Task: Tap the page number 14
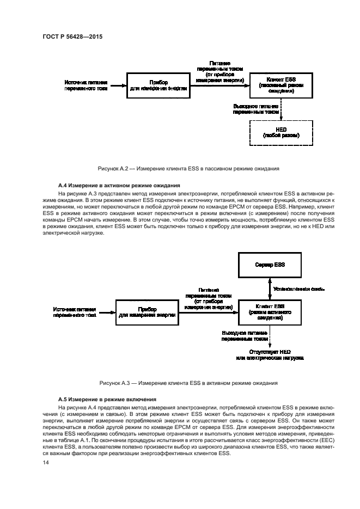pos(46,462)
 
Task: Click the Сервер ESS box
pos(270,265)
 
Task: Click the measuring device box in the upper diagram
pos(158,86)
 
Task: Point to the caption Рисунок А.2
pos(188,168)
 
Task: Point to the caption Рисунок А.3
pos(188,383)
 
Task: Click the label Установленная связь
pos(299,289)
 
